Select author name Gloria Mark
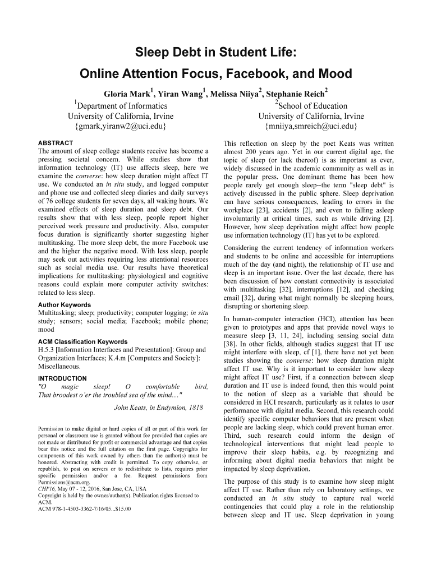tap(128, 94)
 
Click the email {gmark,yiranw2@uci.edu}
tap(120, 127)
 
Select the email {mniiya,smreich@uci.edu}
tap(311, 127)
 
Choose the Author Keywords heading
tap(64, 305)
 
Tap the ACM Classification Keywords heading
tap(82, 341)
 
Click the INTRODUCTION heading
tap(62, 378)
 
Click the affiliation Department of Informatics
tap(122, 105)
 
